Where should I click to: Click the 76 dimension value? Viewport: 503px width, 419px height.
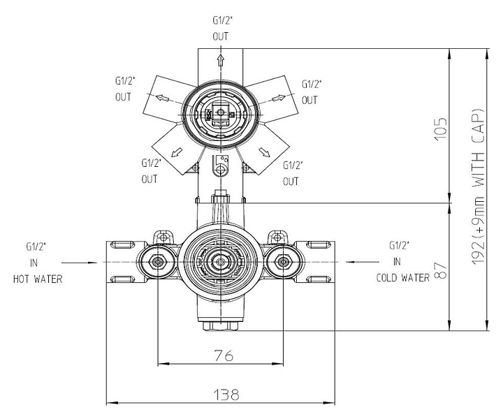(x=224, y=355)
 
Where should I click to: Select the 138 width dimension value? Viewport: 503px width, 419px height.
(x=226, y=395)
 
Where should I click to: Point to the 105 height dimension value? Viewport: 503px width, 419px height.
(x=441, y=129)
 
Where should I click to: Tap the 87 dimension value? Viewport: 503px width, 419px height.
(x=442, y=271)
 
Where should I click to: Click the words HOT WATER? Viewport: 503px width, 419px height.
(x=38, y=279)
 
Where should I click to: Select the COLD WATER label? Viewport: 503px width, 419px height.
(x=402, y=278)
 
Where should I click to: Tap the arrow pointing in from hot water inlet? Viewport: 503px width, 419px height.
(x=79, y=263)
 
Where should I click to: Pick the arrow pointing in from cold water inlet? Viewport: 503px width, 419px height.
(x=363, y=262)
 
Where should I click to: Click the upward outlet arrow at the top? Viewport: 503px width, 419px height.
(x=221, y=60)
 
